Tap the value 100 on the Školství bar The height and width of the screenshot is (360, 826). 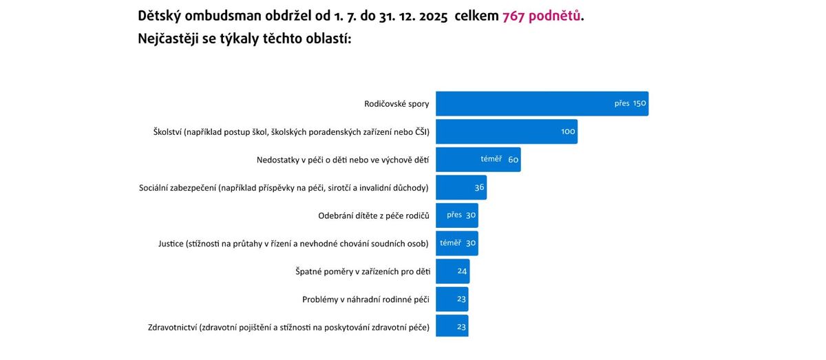click(568, 131)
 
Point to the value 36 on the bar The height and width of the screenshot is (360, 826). click(480, 187)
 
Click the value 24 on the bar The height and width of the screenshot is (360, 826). click(463, 271)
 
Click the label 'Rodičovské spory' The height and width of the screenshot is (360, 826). click(396, 104)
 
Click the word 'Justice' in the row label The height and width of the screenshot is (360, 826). click(171, 243)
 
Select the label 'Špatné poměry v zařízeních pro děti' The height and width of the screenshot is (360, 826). click(362, 271)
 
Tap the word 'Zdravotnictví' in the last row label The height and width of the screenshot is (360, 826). click(172, 327)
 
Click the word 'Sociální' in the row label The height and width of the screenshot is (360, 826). click(156, 187)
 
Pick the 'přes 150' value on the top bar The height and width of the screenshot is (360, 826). click(631, 104)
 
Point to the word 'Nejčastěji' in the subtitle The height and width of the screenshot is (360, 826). click(169, 39)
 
